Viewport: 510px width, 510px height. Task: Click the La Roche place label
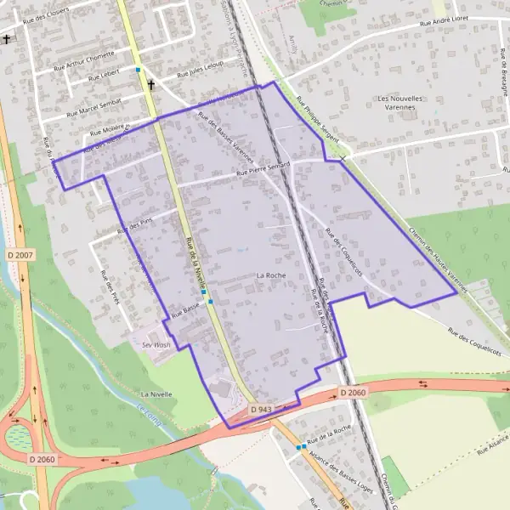(270, 275)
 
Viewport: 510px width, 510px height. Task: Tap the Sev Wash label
(156, 345)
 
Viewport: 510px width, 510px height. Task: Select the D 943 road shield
(260, 410)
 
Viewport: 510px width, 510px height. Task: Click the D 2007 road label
(20, 255)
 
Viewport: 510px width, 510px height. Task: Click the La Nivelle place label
(157, 395)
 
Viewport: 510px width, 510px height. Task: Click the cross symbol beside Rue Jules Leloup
(152, 85)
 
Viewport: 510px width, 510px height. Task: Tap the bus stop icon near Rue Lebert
(138, 70)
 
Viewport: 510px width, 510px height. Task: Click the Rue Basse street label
(184, 313)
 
